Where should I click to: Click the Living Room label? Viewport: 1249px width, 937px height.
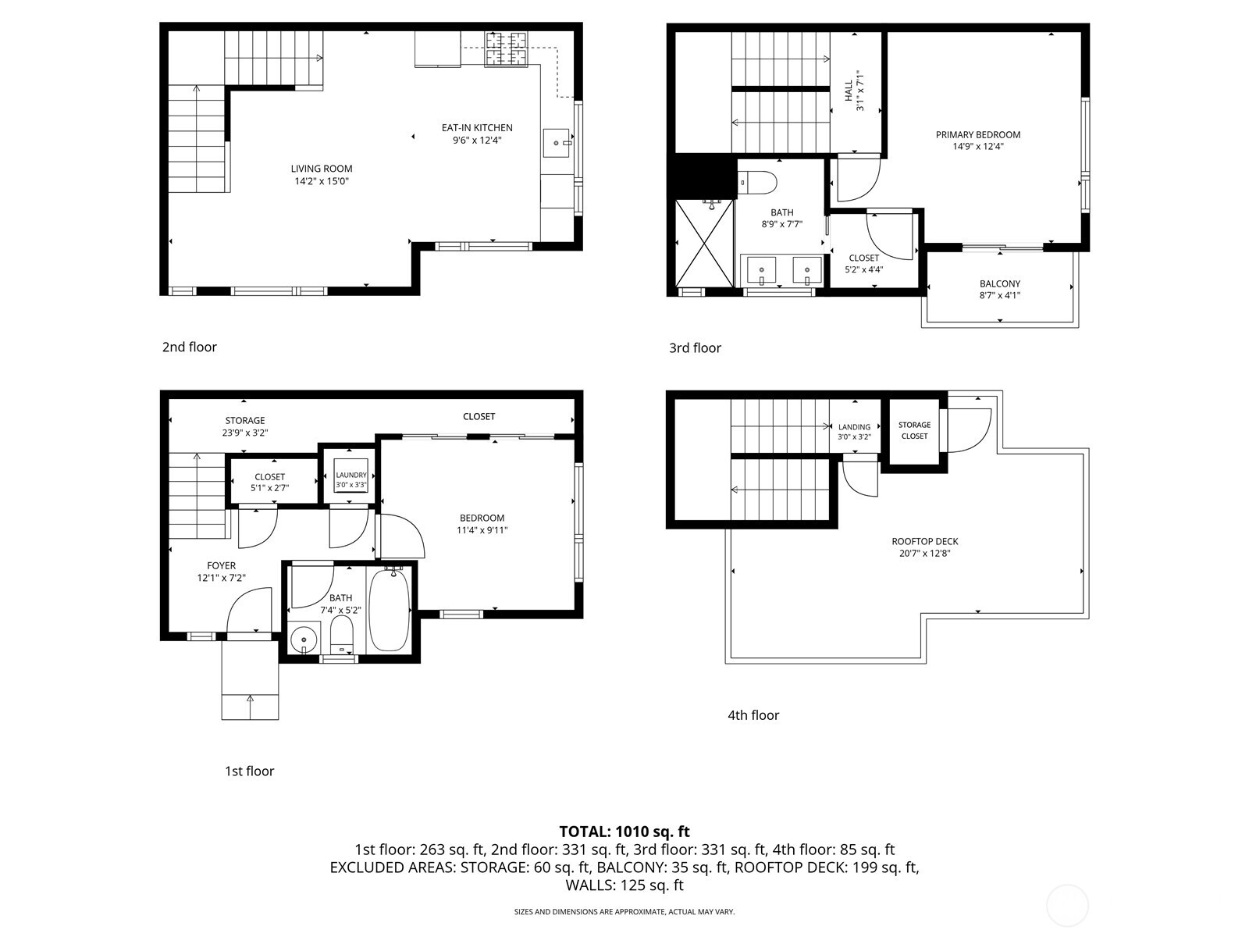coord(322,169)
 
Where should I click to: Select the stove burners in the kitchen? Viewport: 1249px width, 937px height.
coord(506,48)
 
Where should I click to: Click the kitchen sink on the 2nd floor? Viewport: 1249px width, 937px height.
coord(558,143)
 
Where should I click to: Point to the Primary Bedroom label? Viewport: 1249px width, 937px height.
coord(978,135)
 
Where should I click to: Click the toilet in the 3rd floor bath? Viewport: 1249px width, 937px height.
coord(758,183)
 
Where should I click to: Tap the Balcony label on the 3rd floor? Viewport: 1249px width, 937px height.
coord(1000,284)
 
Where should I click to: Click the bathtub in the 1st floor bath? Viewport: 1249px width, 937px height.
coord(389,610)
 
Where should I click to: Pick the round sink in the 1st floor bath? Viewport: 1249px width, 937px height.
coord(303,641)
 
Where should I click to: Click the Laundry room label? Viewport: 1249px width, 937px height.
coord(351,475)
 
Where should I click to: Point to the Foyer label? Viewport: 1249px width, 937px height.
coord(221,566)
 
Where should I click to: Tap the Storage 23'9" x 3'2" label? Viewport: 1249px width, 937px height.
coord(245,421)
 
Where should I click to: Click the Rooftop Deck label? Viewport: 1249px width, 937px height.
coord(925,542)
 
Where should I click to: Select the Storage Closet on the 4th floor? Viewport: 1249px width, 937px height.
coord(914,430)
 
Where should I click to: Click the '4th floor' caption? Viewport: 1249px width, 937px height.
coord(753,715)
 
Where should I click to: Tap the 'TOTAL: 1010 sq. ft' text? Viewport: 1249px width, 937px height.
coord(624,832)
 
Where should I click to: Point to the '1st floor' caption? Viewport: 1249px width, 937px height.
coord(249,771)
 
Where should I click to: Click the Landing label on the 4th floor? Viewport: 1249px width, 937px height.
coord(854,427)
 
